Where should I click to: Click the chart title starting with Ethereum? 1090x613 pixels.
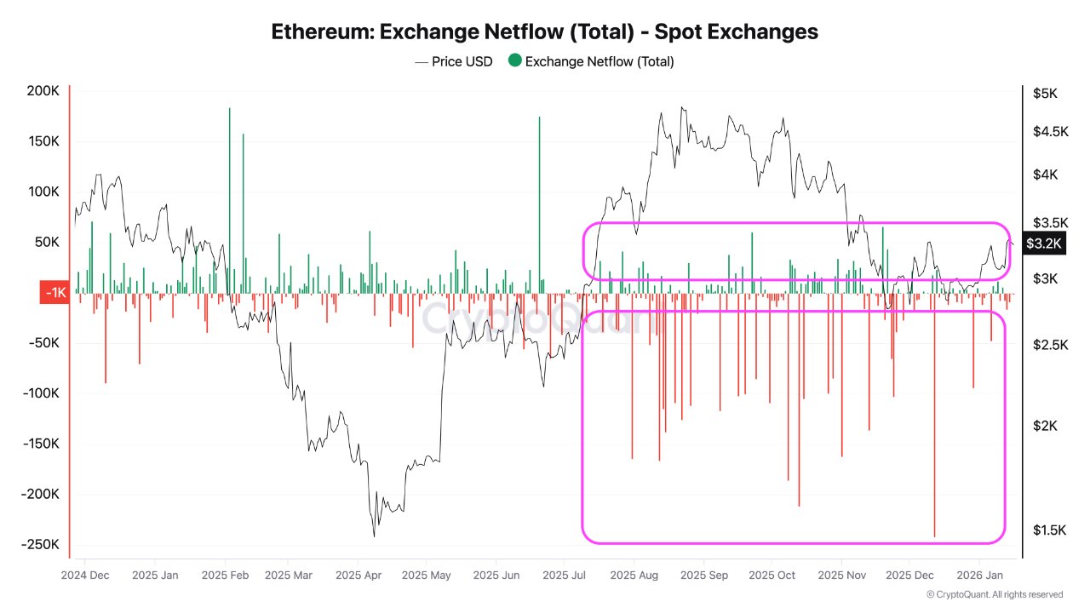pyautogui.click(x=544, y=32)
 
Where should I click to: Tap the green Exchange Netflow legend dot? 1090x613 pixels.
pyautogui.click(x=514, y=60)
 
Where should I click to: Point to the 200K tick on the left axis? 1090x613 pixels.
pyautogui.click(x=43, y=91)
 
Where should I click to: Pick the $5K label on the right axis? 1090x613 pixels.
pyautogui.click(x=1044, y=93)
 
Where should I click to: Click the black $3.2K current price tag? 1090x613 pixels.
pyautogui.click(x=1043, y=243)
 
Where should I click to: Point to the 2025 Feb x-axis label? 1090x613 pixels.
pyautogui.click(x=226, y=575)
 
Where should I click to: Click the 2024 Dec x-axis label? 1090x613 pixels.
pyautogui.click(x=85, y=575)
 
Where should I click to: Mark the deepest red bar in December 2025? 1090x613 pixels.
pyautogui.click(x=934, y=426)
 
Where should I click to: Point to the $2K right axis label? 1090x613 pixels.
pyautogui.click(x=1046, y=426)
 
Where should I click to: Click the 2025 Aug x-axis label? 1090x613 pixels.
pyautogui.click(x=635, y=575)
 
